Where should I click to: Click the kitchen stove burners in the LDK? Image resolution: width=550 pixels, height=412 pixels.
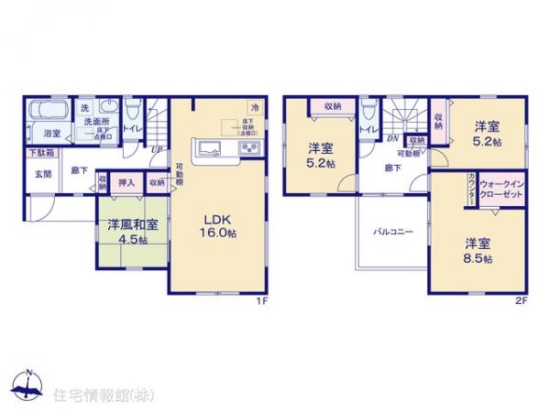[x=249, y=148]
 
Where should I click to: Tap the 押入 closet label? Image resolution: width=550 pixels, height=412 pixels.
[x=127, y=183]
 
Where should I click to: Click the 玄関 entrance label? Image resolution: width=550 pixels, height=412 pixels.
[x=43, y=172]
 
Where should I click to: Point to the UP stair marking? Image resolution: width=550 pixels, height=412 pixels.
[x=157, y=149]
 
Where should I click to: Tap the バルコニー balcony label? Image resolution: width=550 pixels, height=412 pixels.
[x=392, y=232]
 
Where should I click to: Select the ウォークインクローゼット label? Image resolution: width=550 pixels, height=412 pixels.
[x=502, y=190]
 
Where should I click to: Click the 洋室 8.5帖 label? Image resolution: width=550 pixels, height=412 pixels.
[x=478, y=250]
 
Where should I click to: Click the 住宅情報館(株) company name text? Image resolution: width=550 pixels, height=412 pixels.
[x=93, y=394]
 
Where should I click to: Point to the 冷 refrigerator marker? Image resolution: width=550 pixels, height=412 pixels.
[x=255, y=107]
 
